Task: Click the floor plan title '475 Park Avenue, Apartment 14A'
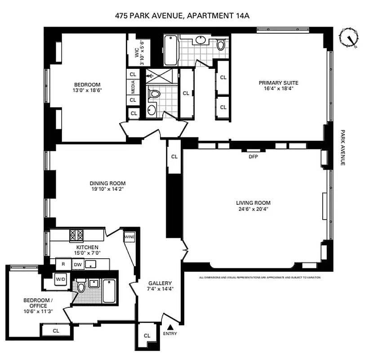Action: tap(182, 16)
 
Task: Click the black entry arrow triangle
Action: tap(170, 327)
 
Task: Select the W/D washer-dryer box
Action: tap(60, 279)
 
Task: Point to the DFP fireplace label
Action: tap(253, 157)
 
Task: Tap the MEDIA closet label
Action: tap(133, 87)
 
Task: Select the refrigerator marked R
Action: tap(63, 265)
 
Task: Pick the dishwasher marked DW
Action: tap(77, 265)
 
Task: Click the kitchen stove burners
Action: tap(76, 234)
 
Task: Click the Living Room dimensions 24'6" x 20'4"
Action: tap(253, 208)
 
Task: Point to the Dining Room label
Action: tap(107, 183)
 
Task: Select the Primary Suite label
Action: tap(278, 83)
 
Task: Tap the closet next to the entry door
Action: tap(147, 336)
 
